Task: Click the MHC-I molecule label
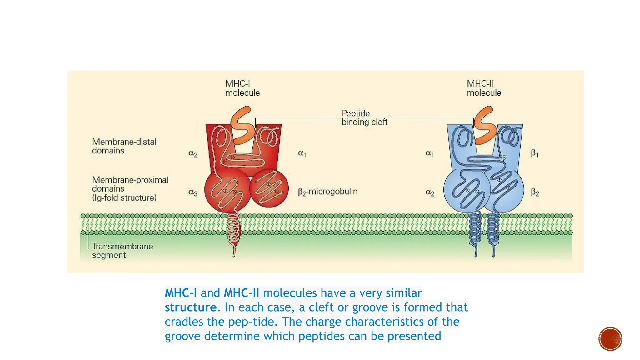[x=242, y=88]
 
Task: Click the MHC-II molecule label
[x=484, y=88]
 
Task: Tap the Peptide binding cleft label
[x=364, y=117]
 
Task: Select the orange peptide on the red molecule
[x=242, y=125]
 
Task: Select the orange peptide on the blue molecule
[x=485, y=125]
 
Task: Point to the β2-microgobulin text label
[x=327, y=192]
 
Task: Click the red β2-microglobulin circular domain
[x=269, y=188]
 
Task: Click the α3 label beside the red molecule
[x=193, y=192]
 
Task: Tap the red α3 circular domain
[x=227, y=189]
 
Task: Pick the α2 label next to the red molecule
[x=193, y=153]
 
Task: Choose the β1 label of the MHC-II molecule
[x=535, y=153]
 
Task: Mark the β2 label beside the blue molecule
[x=535, y=192]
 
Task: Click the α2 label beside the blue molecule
[x=430, y=192]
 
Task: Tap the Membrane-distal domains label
[x=124, y=146]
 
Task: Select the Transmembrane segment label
[x=122, y=251]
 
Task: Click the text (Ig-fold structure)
[x=124, y=198]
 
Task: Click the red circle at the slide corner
[x=610, y=339]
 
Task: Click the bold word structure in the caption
[x=191, y=307]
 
